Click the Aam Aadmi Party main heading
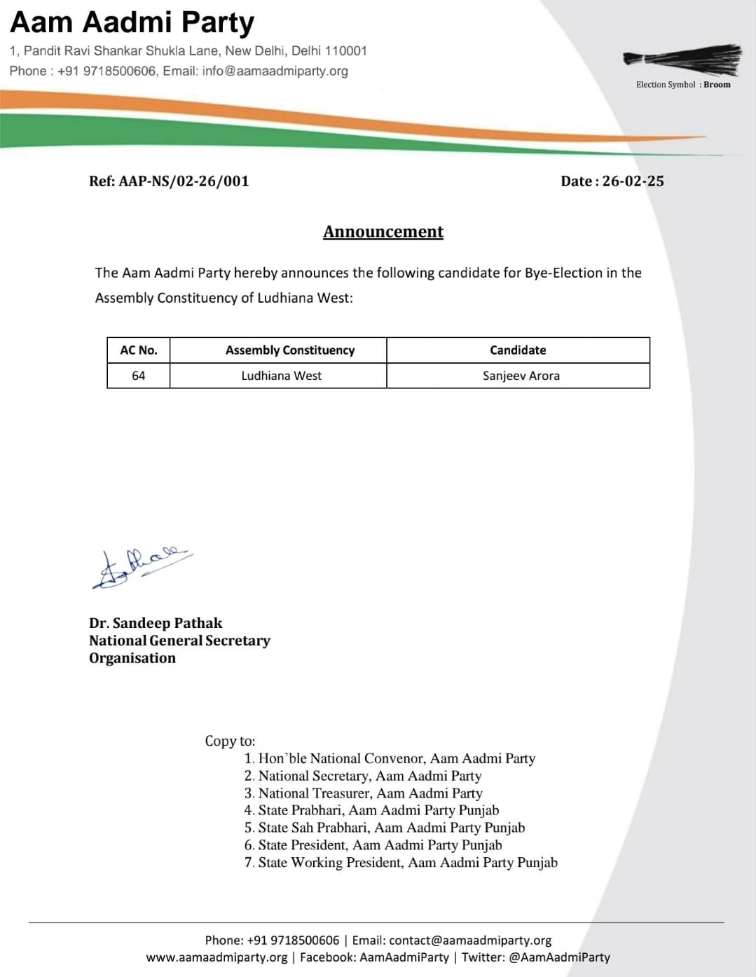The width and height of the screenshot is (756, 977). coord(132,22)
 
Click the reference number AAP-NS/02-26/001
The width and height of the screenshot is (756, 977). coord(184,181)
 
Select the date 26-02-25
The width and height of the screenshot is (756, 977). coord(633,181)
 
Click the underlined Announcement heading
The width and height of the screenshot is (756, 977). coord(383,231)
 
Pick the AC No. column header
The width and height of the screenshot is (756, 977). coord(139,350)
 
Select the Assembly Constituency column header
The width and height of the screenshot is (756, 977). coord(290,350)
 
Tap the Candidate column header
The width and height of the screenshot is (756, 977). coord(518,350)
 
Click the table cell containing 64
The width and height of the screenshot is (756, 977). coord(139,376)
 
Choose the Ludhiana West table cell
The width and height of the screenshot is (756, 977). coord(281,376)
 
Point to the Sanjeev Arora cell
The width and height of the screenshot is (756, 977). coord(521,376)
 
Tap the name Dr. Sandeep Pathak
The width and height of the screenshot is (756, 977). coord(156,623)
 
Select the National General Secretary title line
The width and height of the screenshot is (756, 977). coord(179,641)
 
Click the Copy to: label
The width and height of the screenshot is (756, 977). coord(230,741)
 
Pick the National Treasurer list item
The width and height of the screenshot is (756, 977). coord(370,793)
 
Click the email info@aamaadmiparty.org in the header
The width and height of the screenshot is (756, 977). coord(275,71)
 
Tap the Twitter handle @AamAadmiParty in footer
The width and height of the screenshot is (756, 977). coord(559,957)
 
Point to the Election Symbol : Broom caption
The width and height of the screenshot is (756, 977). coord(683,85)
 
